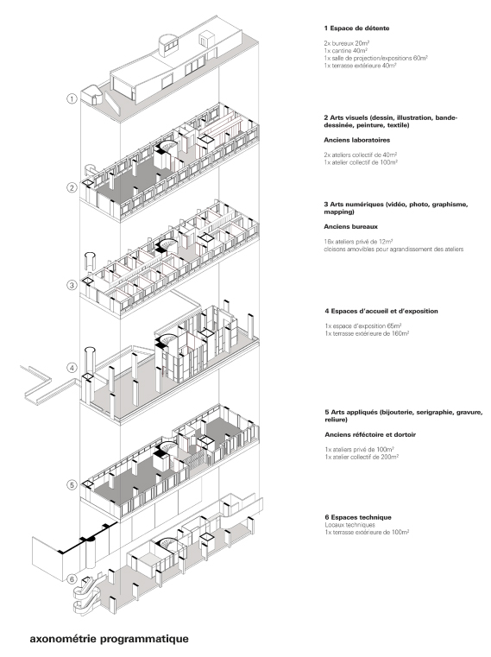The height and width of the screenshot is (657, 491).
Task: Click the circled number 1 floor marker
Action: pyautogui.click(x=72, y=99)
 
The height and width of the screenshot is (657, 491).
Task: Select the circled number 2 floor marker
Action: pyautogui.click(x=72, y=187)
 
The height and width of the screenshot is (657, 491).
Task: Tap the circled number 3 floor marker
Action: pyautogui.click(x=72, y=284)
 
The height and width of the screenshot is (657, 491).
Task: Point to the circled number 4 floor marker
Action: pyautogui.click(x=72, y=369)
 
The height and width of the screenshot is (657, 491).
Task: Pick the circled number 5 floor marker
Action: pyautogui.click(x=72, y=484)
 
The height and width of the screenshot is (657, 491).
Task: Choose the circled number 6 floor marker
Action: pyautogui.click(x=72, y=578)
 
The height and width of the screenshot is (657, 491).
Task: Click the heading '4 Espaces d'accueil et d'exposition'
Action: pyautogui.click(x=381, y=310)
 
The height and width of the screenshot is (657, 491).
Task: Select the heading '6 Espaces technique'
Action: pyautogui.click(x=354, y=517)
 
